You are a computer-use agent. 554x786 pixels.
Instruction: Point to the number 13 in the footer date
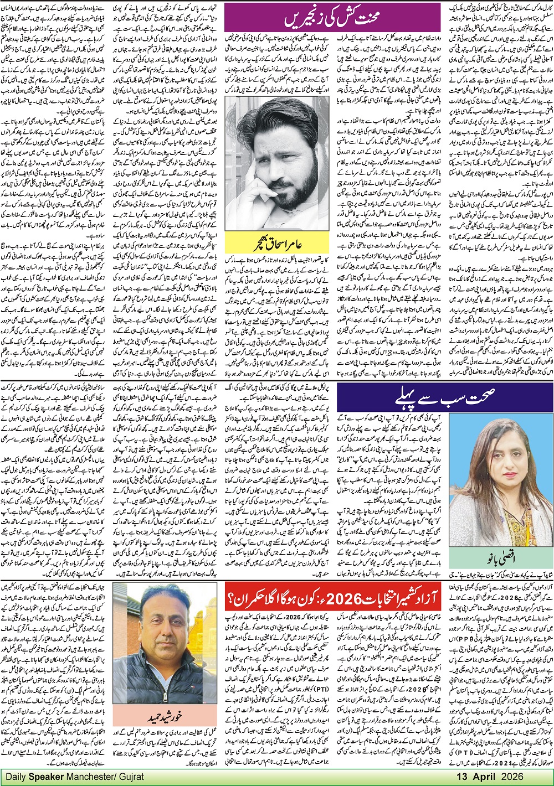(476, 777)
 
